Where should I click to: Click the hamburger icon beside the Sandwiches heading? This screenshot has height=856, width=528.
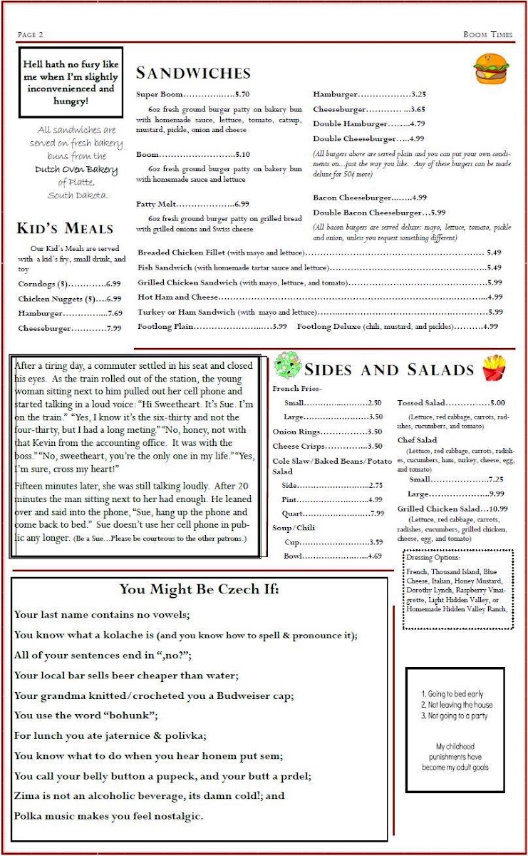491,69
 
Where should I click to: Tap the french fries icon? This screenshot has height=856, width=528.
494,368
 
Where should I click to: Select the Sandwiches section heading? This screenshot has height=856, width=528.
193,73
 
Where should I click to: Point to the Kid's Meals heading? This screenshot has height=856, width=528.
65,228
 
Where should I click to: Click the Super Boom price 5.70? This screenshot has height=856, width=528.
242,94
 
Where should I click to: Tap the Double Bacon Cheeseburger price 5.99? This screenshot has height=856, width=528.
438,213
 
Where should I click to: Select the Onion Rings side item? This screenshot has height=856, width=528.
291,432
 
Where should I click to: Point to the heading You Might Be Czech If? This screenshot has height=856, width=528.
199,589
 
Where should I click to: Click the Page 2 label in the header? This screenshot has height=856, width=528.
31,34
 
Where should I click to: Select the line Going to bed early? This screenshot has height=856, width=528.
452,693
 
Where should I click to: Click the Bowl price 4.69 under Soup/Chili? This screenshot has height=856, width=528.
375,556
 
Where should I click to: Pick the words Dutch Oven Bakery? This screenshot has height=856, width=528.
76,170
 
